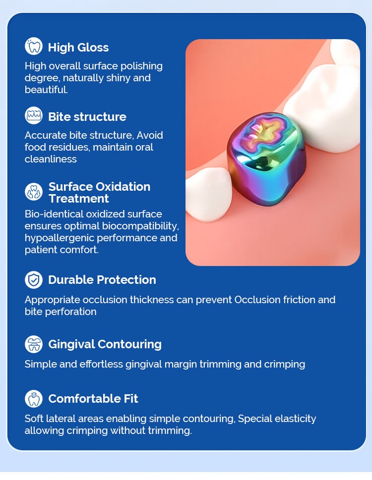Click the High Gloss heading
78,48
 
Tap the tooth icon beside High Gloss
34,46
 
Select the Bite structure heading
87,116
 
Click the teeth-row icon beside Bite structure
34,115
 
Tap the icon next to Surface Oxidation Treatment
34,192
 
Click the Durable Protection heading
102,280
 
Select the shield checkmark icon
34,280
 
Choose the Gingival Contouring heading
105,344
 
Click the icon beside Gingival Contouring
34,344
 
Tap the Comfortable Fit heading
93,399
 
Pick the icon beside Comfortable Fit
34,399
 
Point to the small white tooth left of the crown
208,194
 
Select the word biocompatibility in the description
140,226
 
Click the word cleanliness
51,159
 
